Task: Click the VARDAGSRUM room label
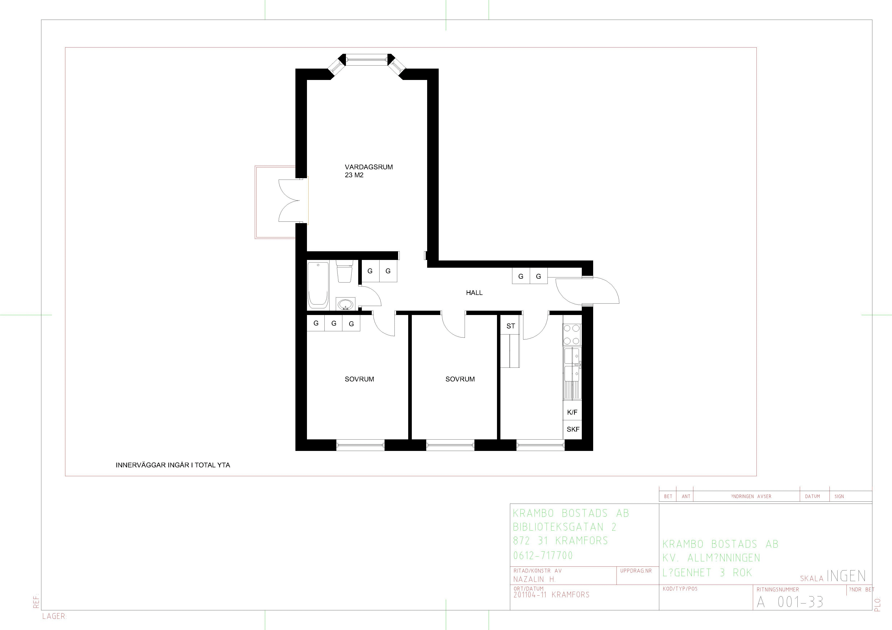(x=369, y=167)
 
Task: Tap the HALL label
(x=474, y=293)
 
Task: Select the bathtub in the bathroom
(x=318, y=285)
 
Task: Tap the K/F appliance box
(x=572, y=412)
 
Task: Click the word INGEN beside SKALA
(x=846, y=576)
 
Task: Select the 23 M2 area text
(x=354, y=175)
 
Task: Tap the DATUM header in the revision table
(x=812, y=496)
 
